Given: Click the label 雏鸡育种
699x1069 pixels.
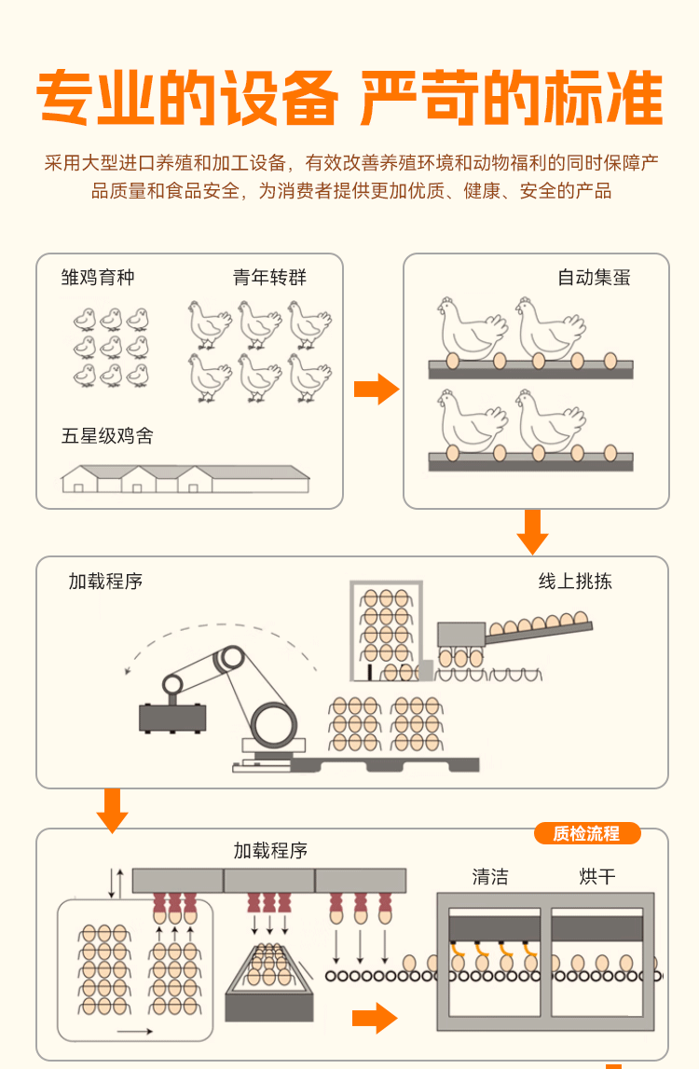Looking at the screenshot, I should click(x=98, y=277).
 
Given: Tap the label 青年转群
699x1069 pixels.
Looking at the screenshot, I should click(x=269, y=277).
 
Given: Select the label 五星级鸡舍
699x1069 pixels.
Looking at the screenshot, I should click(x=107, y=435).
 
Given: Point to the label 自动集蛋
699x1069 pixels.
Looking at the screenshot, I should click(x=594, y=277).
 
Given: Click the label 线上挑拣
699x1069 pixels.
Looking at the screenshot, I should click(x=575, y=582).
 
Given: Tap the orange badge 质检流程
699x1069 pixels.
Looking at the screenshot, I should click(x=586, y=833).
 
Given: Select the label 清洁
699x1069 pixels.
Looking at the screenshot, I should click(x=490, y=876).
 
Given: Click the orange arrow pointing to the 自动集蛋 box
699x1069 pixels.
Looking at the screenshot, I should click(x=376, y=388).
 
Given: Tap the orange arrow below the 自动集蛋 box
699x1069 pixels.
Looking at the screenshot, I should click(x=532, y=531).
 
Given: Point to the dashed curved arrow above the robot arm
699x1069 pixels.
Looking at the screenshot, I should click(x=224, y=637).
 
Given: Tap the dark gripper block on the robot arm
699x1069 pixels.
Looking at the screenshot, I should click(x=171, y=716).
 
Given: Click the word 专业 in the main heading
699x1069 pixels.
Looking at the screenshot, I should click(x=93, y=98).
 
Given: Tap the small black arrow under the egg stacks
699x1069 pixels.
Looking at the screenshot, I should click(x=136, y=1031).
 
